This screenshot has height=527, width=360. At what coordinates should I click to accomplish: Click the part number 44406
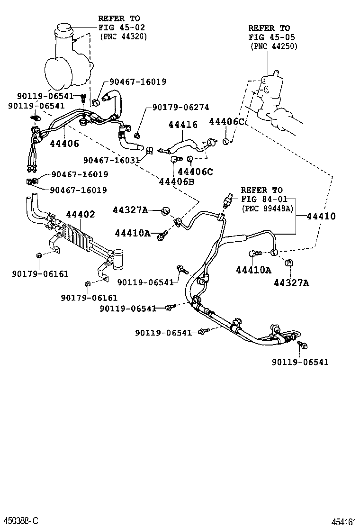coord(64,143)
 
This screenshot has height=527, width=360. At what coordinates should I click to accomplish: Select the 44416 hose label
coord(183,125)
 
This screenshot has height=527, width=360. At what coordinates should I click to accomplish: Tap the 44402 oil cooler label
coord(80,214)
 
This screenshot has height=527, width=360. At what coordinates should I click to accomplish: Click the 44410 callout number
coord(321,216)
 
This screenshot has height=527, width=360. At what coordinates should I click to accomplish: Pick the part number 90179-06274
coord(180,108)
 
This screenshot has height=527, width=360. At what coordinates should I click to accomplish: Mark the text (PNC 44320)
coord(123,36)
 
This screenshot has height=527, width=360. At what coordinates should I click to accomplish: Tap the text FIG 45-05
coord(270,37)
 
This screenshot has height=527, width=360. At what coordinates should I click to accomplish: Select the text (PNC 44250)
coord(274,46)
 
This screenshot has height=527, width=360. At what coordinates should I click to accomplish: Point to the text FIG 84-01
coord(262,199)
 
